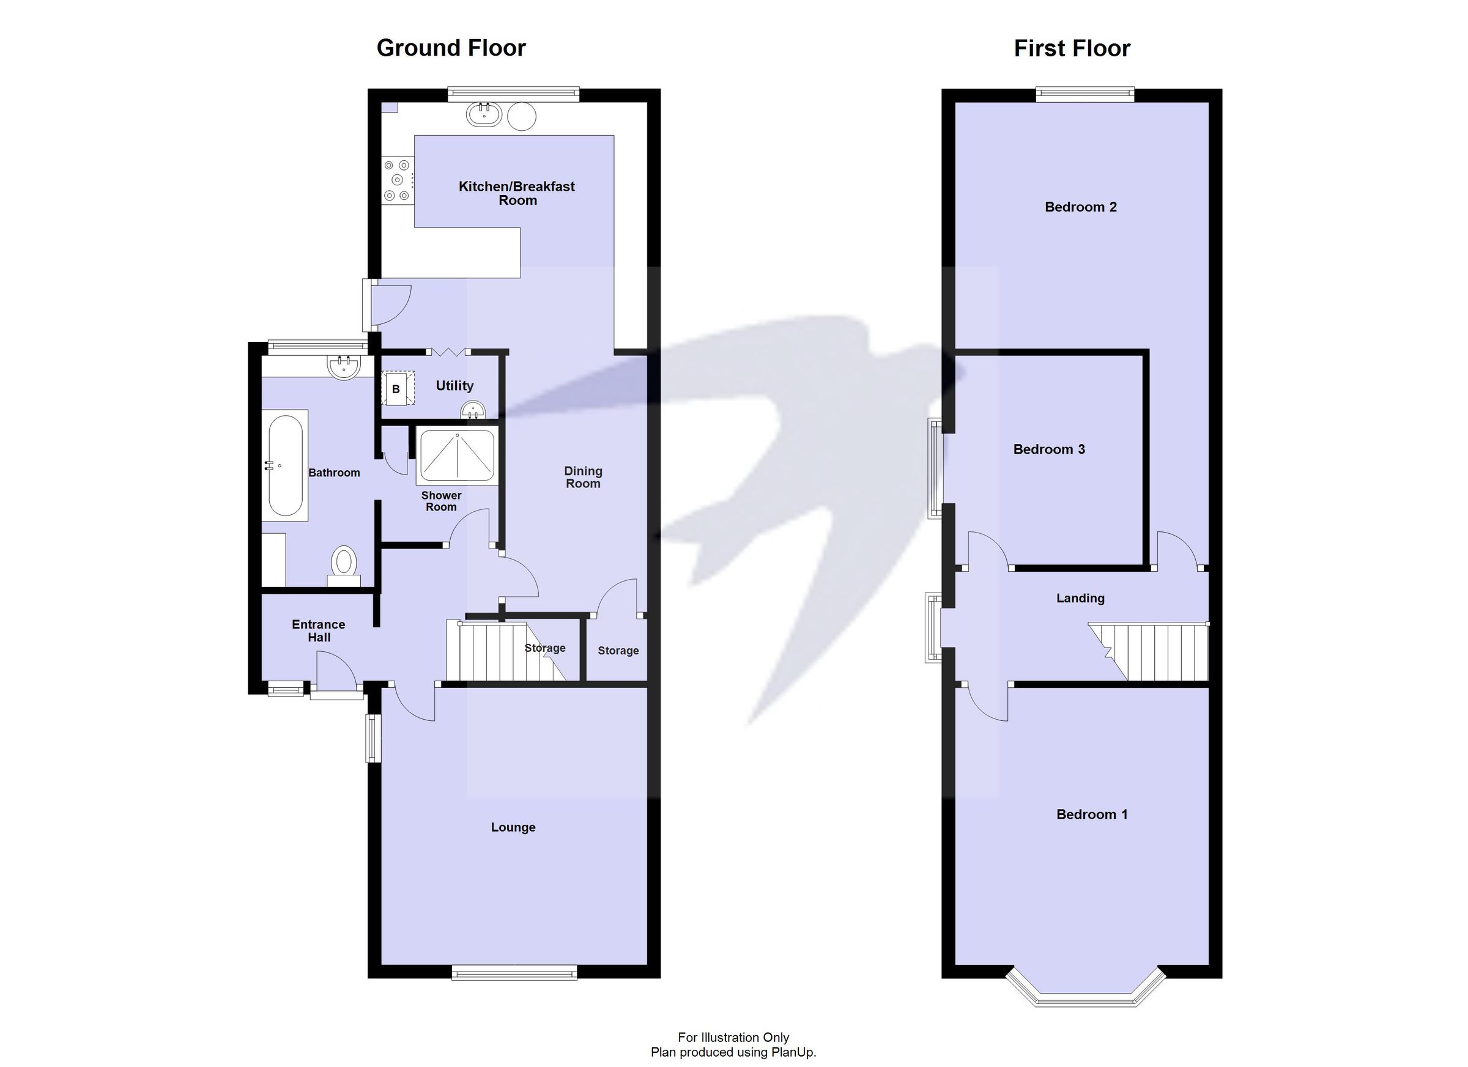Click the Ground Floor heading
coord(451,48)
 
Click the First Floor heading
coord(1071,48)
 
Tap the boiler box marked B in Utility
coord(397,388)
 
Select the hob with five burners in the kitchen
coord(397,179)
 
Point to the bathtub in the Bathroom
coord(285,465)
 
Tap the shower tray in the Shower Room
coord(457,455)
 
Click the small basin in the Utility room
coord(473,410)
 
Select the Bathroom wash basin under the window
coord(344,367)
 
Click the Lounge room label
coord(513,827)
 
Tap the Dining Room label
coord(582,477)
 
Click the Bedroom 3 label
coord(1048,449)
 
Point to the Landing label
coord(1080,598)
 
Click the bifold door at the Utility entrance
coord(448,353)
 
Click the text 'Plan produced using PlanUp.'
coord(733,1052)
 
